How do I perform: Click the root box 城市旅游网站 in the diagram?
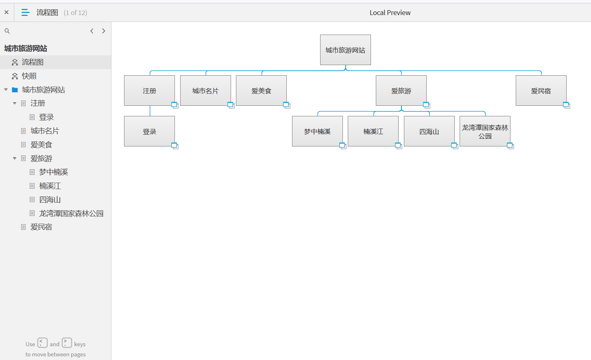pos(345,50)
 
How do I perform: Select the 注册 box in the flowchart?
pos(149,91)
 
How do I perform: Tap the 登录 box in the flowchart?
pos(149,131)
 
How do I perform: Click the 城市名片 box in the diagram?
pos(205,91)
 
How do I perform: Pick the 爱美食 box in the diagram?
pos(261,91)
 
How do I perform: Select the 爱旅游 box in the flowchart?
pos(401,91)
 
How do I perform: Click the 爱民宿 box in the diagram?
pos(541,91)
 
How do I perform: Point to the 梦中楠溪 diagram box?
pos(317,131)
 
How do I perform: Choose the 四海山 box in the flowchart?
pos(429,131)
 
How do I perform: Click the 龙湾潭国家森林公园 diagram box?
pos(485,131)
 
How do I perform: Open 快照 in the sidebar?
pos(29,76)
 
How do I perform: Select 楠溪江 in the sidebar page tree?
pos(50,186)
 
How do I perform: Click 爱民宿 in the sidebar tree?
pos(41,227)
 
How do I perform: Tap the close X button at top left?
pos(7,12)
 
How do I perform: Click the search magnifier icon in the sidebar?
pos(7,31)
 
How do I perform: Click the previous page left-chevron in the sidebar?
pos(92,31)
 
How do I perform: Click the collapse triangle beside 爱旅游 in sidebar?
pos(15,158)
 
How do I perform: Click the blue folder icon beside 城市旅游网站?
pos(15,90)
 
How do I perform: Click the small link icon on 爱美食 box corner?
pos(286,105)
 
